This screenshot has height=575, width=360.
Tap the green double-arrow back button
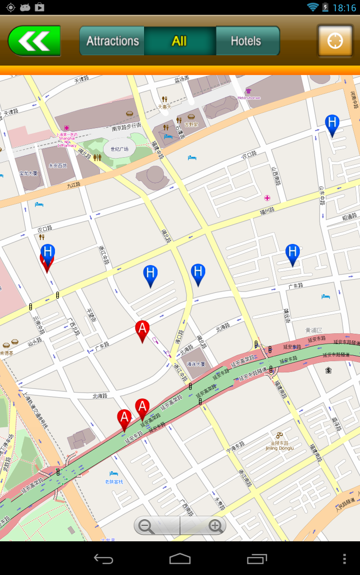click(x=34, y=41)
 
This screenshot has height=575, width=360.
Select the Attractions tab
click(x=112, y=41)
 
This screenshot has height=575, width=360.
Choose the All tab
click(x=180, y=41)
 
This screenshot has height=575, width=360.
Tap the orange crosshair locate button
click(x=335, y=41)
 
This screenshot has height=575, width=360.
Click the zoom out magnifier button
click(x=147, y=526)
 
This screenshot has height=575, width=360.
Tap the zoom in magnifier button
click(x=215, y=526)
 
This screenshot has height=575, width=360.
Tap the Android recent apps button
click(x=257, y=559)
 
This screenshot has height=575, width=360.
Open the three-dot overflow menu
click(x=344, y=559)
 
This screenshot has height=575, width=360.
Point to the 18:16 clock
click(x=344, y=8)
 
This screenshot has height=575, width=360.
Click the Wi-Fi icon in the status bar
click(x=312, y=7)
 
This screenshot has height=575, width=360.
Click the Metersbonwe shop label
click(x=249, y=97)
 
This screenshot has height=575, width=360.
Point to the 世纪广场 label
click(x=119, y=149)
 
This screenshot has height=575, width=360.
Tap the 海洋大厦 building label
click(x=196, y=364)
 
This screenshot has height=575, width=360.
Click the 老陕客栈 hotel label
click(x=114, y=482)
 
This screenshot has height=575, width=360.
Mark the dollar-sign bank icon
click(x=328, y=370)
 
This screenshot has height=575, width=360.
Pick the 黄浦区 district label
click(x=314, y=330)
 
